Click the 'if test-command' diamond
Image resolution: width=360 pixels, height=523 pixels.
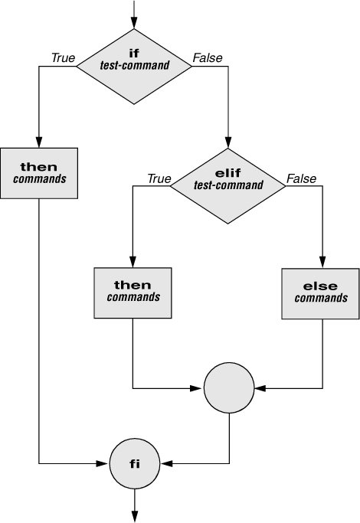[x=134, y=67]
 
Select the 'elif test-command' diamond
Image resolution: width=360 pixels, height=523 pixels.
[x=228, y=186]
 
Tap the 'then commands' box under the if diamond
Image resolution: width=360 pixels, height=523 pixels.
[x=39, y=173]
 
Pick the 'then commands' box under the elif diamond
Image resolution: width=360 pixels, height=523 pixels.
[x=133, y=293]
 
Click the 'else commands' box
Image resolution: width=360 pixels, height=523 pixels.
[x=321, y=294]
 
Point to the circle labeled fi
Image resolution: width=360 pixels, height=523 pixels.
[x=135, y=463]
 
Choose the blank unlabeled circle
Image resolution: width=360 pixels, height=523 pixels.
[x=229, y=388]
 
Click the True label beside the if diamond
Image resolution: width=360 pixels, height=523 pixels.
[x=63, y=58]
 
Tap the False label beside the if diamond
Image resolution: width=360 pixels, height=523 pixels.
[x=208, y=58]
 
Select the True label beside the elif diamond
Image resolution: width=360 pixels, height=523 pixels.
[x=159, y=178]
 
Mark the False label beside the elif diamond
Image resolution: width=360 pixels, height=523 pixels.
[x=301, y=178]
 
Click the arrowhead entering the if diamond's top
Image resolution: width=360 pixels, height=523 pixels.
[x=134, y=23]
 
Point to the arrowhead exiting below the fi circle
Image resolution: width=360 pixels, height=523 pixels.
[x=135, y=516]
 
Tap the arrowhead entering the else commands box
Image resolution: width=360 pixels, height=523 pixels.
[x=322, y=263]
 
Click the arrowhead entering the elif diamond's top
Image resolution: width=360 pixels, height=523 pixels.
[x=228, y=142]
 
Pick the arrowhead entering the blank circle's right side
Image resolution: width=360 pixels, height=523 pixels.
[x=260, y=388]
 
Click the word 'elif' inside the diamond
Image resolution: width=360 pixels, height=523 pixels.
[x=228, y=173]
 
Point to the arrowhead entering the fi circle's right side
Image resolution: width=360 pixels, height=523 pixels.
[x=166, y=463]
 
